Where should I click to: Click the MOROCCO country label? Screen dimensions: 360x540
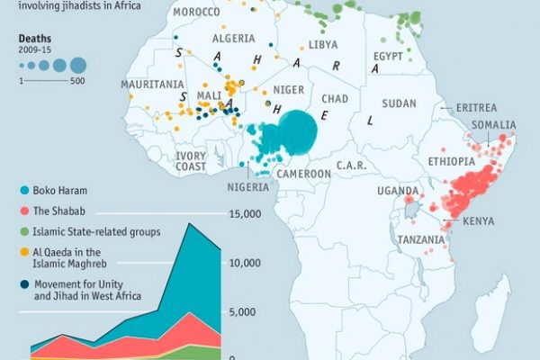195,12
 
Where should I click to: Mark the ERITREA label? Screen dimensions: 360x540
476,107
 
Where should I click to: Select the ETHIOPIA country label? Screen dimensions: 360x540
451,161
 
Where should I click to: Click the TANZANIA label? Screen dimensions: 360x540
419,240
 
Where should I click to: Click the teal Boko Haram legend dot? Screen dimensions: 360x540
22,190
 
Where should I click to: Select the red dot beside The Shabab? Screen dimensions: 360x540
22,211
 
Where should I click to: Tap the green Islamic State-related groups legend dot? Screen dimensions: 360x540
22,231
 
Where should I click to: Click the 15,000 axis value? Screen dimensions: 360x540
245,214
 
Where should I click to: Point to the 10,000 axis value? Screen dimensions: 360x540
245,263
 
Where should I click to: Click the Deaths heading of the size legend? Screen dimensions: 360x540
33,39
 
